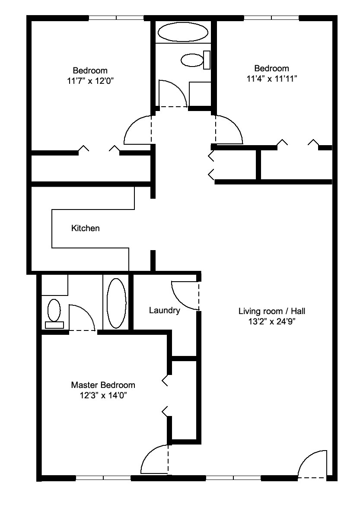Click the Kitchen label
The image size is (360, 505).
pyautogui.click(x=86, y=229)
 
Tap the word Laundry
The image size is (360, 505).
pyautogui.click(x=164, y=311)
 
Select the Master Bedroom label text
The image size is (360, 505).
pyautogui.click(x=103, y=385)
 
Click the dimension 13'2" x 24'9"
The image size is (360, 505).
pyautogui.click(x=272, y=321)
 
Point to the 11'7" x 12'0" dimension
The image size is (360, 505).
pyautogui.click(x=91, y=81)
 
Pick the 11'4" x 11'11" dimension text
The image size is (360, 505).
pyautogui.click(x=272, y=79)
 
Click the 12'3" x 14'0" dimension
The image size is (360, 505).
pyautogui.click(x=103, y=395)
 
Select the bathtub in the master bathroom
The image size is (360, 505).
pyautogui.click(x=116, y=303)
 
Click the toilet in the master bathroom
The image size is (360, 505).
pyautogui.click(x=54, y=314)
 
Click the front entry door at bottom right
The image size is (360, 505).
pyautogui.click(x=312, y=464)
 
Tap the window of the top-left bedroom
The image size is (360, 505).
pyautogui.click(x=116, y=18)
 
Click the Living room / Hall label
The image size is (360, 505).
pyautogui.click(x=272, y=311)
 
